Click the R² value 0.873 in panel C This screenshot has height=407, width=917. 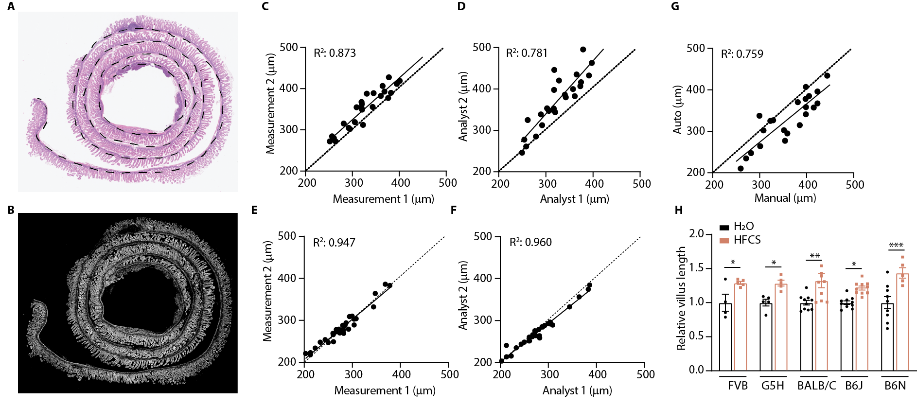335,53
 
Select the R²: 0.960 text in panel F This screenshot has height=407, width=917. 530,242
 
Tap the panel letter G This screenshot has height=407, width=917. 675,6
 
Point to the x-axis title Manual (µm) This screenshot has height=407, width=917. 785,198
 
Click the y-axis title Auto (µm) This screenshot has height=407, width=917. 677,110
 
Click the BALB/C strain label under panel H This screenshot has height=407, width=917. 816,386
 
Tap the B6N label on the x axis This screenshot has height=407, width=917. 895,386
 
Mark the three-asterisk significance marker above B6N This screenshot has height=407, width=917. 896,245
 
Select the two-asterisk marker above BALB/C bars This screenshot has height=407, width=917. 815,256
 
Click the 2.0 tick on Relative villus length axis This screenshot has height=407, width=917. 696,234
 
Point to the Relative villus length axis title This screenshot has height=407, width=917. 681,298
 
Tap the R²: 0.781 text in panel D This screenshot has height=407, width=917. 527,53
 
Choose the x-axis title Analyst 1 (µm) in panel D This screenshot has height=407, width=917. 574,199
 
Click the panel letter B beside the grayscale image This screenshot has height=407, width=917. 11,210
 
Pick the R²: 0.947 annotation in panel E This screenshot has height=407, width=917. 334,242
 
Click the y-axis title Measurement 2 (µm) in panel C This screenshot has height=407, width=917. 271,104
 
